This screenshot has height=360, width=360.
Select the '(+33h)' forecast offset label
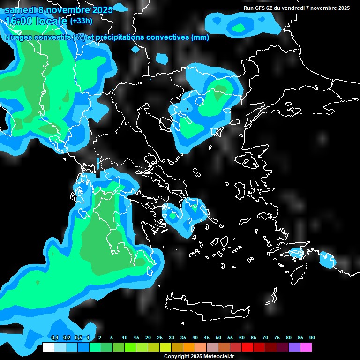point(81,21)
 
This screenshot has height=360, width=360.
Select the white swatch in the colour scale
point(48,347)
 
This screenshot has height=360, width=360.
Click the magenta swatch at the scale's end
point(306,347)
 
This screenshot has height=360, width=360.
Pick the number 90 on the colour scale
point(312,337)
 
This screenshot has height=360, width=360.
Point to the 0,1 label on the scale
point(55,337)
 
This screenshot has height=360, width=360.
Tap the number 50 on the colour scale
point(218,337)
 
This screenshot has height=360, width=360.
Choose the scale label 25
point(160,337)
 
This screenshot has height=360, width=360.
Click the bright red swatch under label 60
point(247,347)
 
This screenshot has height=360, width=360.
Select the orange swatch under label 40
point(188,347)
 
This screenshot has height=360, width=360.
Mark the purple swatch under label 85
point(294,347)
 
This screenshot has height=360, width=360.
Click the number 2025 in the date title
point(102,10)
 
